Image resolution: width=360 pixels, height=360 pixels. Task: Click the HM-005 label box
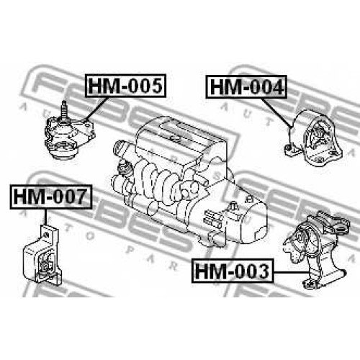(125, 86)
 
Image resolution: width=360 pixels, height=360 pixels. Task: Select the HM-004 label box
(246, 86)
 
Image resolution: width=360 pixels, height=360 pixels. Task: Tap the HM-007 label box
(51, 197)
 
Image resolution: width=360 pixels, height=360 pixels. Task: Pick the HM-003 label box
(233, 271)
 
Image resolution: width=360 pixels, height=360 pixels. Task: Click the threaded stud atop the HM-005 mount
(63, 110)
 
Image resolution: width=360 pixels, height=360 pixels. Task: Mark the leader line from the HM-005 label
(96, 109)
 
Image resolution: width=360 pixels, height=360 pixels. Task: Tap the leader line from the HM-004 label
(276, 112)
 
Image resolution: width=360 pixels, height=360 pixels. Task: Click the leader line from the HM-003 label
(292, 272)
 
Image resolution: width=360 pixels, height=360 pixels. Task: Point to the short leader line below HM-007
(45, 217)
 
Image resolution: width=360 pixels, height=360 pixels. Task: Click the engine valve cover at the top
(178, 139)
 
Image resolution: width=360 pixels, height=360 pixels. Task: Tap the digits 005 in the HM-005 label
(145, 86)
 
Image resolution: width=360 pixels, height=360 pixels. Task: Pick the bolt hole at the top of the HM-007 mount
(48, 234)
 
